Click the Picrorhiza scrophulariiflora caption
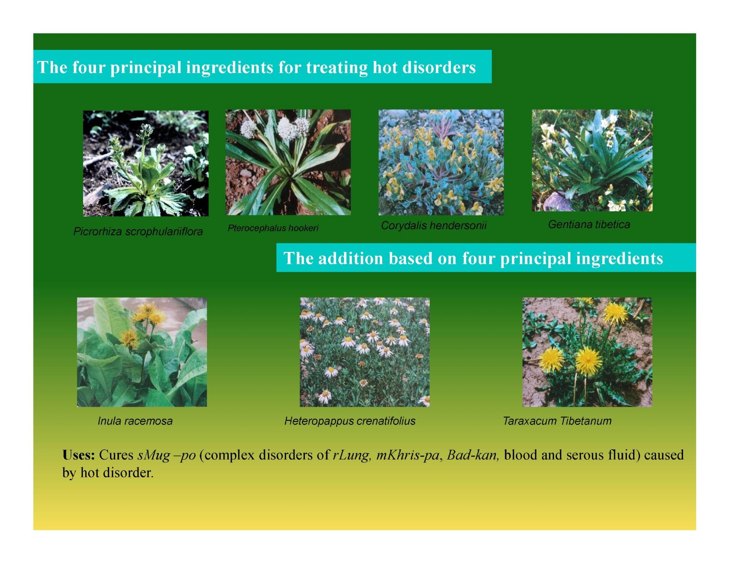click(x=138, y=232)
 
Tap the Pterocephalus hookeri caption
click(x=273, y=228)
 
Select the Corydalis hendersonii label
click(x=434, y=226)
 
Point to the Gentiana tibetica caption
click(x=589, y=224)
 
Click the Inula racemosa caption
click(x=135, y=421)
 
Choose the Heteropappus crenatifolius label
click(x=350, y=421)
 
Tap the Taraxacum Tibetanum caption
click(x=557, y=421)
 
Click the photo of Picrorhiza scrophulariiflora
click(x=146, y=164)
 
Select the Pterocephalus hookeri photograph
click(x=288, y=162)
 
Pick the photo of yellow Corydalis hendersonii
click(x=441, y=162)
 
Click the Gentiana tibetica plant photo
click(x=592, y=160)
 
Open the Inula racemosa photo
click(x=142, y=352)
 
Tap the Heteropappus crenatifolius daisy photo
click(x=364, y=352)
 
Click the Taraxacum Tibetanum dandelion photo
click(x=587, y=352)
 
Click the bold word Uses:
click(x=79, y=455)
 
